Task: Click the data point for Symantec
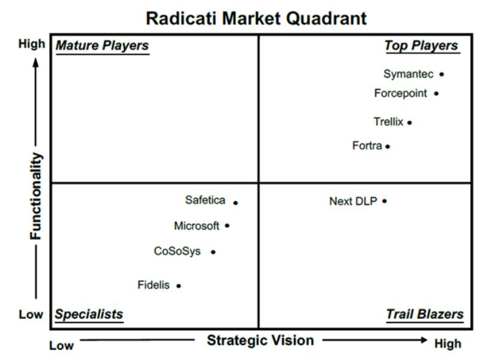442,75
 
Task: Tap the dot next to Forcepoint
436,94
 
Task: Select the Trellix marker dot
409,123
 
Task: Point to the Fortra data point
387,146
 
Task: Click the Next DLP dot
384,201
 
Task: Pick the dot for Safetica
235,203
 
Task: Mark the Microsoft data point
228,226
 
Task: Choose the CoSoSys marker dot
213,252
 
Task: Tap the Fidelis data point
179,286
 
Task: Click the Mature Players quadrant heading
102,46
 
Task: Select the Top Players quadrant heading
421,46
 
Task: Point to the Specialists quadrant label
89,314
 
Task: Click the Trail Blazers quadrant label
425,314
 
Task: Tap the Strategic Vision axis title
260,341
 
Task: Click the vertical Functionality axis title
36,196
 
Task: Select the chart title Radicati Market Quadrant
256,18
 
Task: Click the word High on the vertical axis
32,44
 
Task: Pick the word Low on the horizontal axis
61,345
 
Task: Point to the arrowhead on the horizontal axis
424,340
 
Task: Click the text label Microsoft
197,226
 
